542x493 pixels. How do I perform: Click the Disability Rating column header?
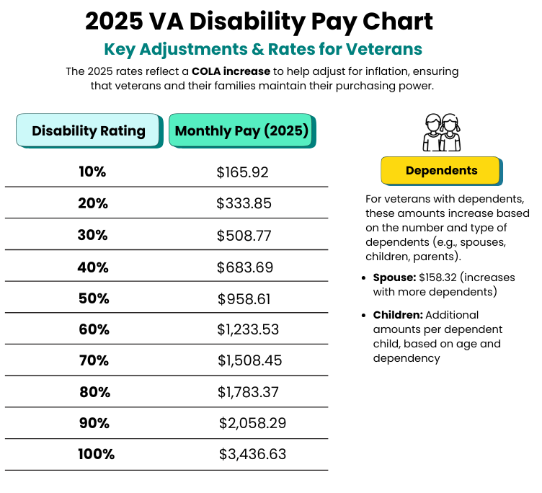[88, 131]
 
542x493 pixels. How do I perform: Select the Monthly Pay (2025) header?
[241, 131]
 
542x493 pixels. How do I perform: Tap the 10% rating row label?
[92, 172]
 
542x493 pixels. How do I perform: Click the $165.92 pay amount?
[242, 172]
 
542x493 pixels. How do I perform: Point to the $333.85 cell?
[244, 203]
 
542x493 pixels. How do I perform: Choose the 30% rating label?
[92, 235]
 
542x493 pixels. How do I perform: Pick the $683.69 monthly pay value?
[244, 267]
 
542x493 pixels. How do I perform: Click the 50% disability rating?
[93, 298]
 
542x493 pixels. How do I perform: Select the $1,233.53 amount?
[248, 330]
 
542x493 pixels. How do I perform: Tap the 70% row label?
[94, 360]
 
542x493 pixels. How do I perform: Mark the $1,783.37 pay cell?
[249, 392]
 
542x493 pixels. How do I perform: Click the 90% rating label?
[94, 423]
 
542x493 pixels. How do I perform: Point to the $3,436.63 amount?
[252, 454]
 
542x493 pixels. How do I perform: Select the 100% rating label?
[96, 454]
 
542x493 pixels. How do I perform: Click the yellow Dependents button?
[440, 171]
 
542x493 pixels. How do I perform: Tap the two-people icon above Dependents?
[441, 133]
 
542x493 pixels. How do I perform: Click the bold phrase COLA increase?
[231, 71]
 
